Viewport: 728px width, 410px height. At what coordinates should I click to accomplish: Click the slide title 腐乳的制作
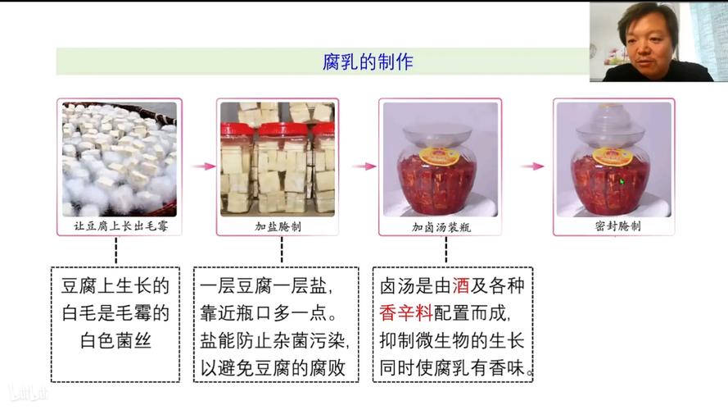coord(368,61)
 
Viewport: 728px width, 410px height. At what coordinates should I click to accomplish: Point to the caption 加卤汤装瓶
coord(441,226)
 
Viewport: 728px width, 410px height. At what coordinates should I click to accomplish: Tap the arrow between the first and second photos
coord(198,166)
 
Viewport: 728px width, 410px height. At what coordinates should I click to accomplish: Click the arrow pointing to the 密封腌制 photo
coord(532,166)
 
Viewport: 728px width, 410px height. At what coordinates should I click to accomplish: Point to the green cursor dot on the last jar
coord(622,181)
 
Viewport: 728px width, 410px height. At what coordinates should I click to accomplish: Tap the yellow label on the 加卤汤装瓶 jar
coord(439,153)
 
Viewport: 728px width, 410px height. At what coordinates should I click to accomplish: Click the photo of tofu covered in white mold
coord(119,157)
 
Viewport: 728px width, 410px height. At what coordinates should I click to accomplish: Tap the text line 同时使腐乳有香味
coord(457,367)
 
